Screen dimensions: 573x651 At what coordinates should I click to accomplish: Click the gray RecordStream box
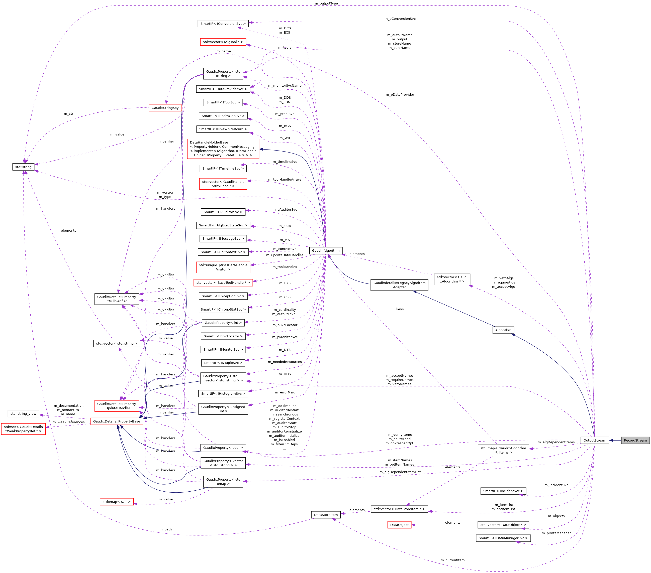pyautogui.click(x=635, y=440)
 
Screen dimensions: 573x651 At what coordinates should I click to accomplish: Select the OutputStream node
pyautogui.click(x=594, y=440)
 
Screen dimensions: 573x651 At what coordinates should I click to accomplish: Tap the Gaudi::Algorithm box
pyautogui.click(x=325, y=250)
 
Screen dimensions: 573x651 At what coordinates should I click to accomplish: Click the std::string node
pyautogui.click(x=23, y=167)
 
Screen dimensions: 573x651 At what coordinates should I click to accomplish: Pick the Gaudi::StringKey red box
pyautogui.click(x=165, y=108)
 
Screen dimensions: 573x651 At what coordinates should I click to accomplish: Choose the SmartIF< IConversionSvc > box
pyautogui.click(x=223, y=24)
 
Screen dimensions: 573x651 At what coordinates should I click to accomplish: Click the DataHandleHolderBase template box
pyautogui.click(x=223, y=149)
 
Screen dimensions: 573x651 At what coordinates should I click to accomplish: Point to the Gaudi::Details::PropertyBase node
pyautogui.click(x=117, y=421)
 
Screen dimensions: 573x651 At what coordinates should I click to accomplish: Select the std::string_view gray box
pyautogui.click(x=23, y=414)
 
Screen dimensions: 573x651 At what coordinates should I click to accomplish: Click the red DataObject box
pyautogui.click(x=399, y=525)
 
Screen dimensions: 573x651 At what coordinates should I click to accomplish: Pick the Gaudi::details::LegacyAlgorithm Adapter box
pyautogui.click(x=399, y=285)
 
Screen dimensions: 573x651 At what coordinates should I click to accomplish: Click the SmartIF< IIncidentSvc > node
pyautogui.click(x=503, y=491)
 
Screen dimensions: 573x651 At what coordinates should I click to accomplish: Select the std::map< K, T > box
pyautogui.click(x=117, y=502)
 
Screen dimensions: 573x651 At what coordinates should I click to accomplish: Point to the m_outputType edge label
pyautogui.click(x=326, y=4)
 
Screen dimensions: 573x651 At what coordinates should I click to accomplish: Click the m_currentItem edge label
pyautogui.click(x=452, y=560)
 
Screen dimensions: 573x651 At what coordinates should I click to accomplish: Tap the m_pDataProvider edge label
pyautogui.click(x=400, y=94)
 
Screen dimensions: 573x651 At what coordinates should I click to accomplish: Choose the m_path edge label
pyautogui.click(x=165, y=529)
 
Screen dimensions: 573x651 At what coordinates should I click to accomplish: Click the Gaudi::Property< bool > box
pyautogui.click(x=223, y=448)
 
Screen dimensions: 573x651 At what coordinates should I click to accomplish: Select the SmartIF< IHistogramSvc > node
pyautogui.click(x=223, y=393)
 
